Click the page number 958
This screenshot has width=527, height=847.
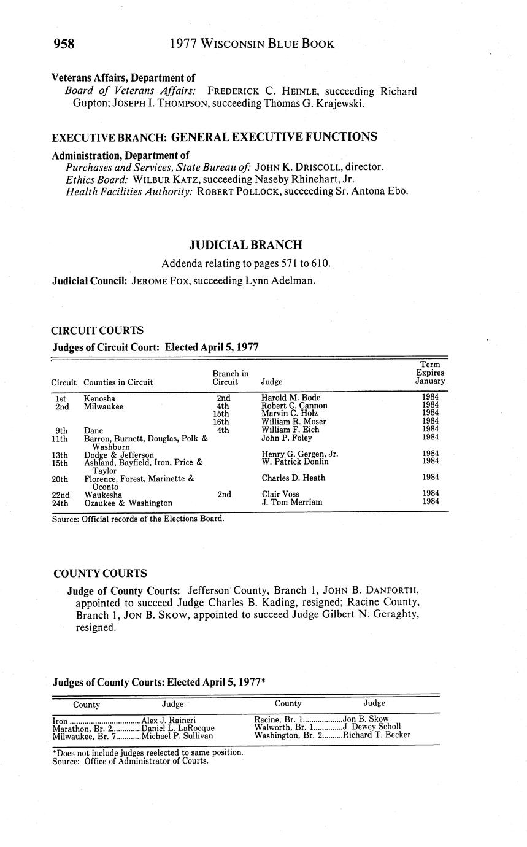pos(64,44)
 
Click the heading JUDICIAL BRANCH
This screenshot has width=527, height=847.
pos(245,245)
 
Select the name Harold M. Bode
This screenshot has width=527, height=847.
pos(291,398)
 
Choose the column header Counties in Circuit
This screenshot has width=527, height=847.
pos(118,382)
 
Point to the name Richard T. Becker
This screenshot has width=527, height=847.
pos(377,735)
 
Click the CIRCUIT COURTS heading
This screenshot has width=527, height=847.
pos(98,330)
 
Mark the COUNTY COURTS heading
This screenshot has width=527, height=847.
pos(100,574)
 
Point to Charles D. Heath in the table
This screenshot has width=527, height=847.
pos(293,478)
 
